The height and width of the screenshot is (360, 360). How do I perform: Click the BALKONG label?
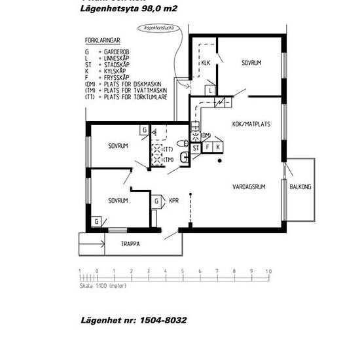[x=300, y=187]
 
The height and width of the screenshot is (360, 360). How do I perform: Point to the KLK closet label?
[x=206, y=63]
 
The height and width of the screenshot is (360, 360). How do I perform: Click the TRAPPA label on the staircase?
[x=131, y=244]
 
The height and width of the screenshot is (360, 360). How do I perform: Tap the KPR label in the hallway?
[x=174, y=201]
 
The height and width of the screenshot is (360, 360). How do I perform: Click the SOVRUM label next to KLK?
[x=251, y=63]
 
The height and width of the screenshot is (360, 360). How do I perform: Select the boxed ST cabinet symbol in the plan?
[x=196, y=147]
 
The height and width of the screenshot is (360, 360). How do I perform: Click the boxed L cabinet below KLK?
[x=209, y=90]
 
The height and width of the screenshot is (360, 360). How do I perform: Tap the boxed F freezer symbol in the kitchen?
[x=208, y=147]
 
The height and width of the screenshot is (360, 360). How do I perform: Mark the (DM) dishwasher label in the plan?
[x=205, y=135]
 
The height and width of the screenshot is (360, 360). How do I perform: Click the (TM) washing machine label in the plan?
[x=168, y=160]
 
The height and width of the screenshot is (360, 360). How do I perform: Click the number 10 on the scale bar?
[x=268, y=270]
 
